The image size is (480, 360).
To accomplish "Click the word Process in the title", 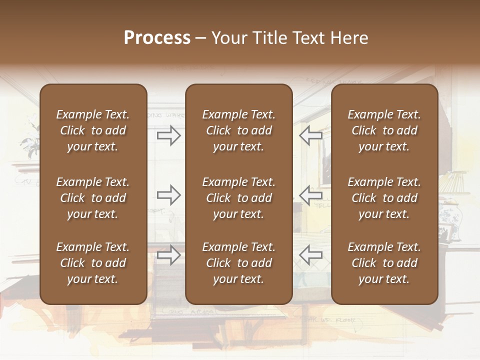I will [x=157, y=38].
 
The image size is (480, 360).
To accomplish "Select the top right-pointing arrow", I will [x=169, y=135].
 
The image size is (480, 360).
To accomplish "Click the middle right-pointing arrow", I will [x=169, y=195].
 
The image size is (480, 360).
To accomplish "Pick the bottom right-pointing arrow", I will [x=169, y=255].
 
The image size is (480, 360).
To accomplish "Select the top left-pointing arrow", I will [x=311, y=135].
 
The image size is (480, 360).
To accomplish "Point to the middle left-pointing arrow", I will [x=311, y=195].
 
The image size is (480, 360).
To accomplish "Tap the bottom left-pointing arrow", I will [x=311, y=255].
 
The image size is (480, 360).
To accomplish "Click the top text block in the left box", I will [x=93, y=130].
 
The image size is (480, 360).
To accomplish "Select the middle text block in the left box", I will [x=93, y=198].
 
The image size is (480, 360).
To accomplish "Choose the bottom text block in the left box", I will [x=93, y=263].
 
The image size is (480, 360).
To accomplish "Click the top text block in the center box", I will [x=238, y=130].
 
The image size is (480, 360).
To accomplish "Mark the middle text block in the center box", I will [x=238, y=198].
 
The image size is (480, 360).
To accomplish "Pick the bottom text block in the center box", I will [x=238, y=263].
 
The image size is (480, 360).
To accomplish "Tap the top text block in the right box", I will [x=384, y=130].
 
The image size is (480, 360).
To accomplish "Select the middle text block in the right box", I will [x=384, y=198].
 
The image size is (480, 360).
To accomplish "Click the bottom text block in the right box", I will [x=384, y=263].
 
